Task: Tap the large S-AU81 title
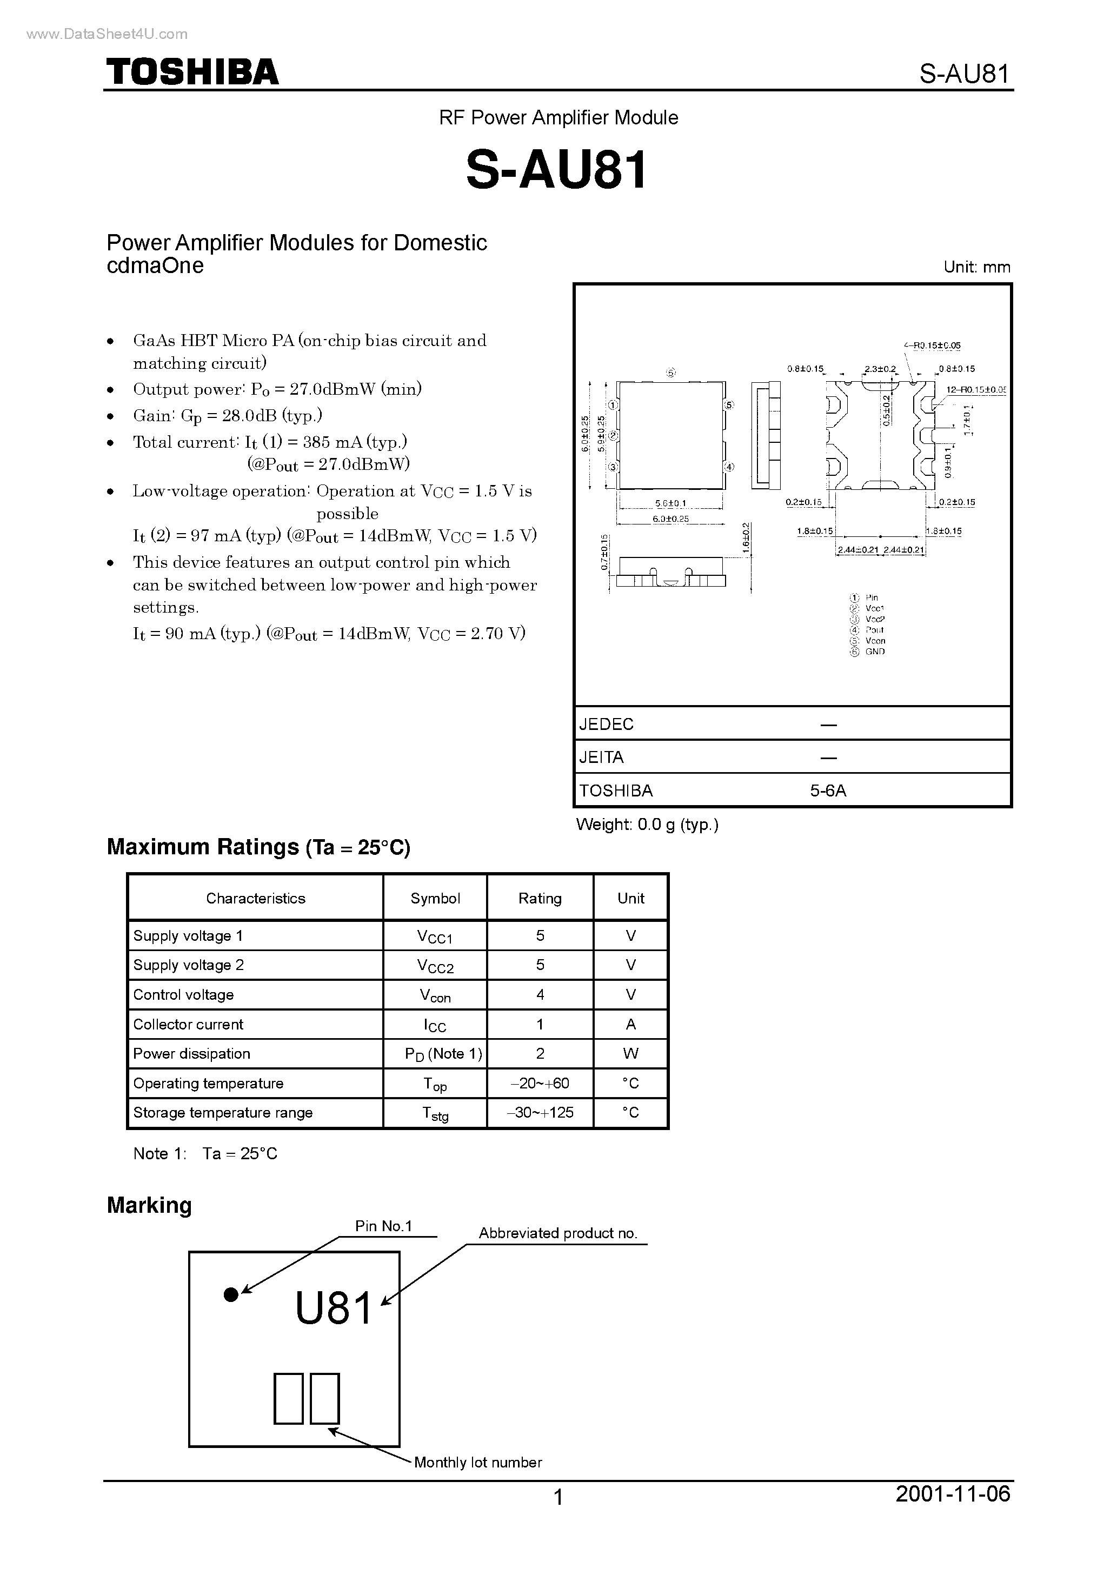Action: (x=556, y=170)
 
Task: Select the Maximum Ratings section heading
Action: (x=258, y=846)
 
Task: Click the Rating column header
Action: (x=540, y=898)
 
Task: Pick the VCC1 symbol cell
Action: (x=435, y=936)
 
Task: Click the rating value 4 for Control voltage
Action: (x=540, y=994)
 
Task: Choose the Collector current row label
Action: (x=188, y=1024)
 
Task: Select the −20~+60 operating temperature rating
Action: (x=540, y=1083)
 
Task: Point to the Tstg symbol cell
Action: (x=435, y=1113)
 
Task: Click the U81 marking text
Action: (x=333, y=1308)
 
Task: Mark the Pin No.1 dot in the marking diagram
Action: (x=231, y=1295)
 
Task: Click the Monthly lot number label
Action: (x=478, y=1462)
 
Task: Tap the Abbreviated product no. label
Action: (x=558, y=1233)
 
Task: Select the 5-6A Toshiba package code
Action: (x=828, y=790)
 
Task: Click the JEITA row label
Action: (x=601, y=758)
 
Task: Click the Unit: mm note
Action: (x=976, y=267)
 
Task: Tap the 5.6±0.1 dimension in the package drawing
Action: (x=670, y=503)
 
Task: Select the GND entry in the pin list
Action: (x=875, y=652)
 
